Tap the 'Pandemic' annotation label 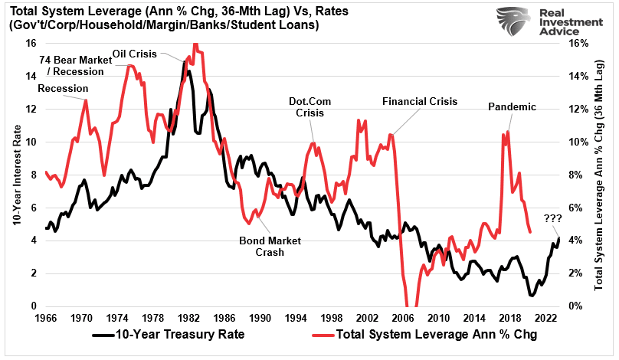click(512, 106)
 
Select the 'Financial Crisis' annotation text click(419, 101)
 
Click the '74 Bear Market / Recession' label click(70, 66)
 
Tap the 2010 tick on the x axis click(437, 317)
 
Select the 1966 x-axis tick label click(46, 317)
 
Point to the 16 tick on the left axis click(31, 43)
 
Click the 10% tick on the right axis click(575, 142)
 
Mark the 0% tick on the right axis click(573, 306)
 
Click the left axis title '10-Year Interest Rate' click(15, 175)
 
